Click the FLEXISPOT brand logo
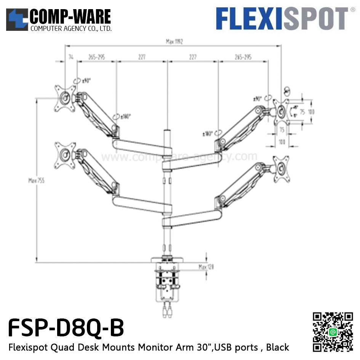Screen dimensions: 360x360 282,18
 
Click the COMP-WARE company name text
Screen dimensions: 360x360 70,17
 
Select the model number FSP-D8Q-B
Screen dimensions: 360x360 66,328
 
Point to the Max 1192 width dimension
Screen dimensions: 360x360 174,42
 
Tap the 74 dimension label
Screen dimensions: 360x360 71,57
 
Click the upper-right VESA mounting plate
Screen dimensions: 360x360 282,111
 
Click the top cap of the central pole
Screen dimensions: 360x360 166,132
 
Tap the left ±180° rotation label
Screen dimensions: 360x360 125,116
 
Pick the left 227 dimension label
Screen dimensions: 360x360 142,57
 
